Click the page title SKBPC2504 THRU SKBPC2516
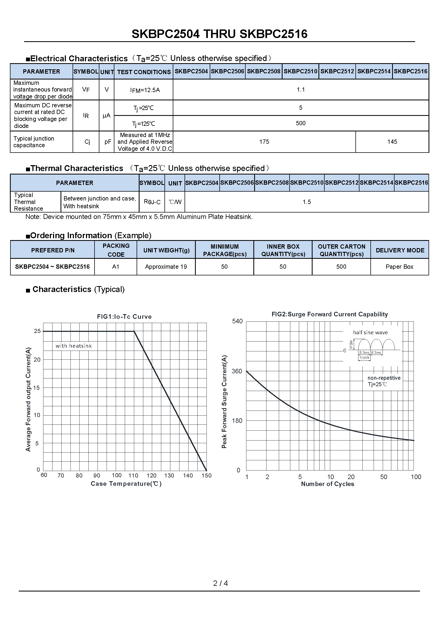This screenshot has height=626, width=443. click(219, 34)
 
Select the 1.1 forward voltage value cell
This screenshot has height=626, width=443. click(301, 89)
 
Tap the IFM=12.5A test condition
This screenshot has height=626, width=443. click(145, 90)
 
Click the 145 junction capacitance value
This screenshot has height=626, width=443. click(392, 142)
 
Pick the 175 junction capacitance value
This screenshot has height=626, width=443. click(264, 142)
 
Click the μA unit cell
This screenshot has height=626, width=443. click(106, 116)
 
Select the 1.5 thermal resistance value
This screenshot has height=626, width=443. click(307, 202)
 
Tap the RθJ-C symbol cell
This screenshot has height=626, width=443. click(152, 202)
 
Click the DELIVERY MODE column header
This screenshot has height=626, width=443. click(400, 250)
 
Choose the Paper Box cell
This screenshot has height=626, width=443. click(399, 267)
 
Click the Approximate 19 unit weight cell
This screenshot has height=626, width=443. click(166, 267)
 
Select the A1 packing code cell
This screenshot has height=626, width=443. click(116, 267)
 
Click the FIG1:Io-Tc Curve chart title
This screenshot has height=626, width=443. click(124, 317)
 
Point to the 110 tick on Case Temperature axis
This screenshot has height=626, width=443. click(133, 476)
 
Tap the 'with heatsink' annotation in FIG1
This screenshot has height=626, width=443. click(74, 346)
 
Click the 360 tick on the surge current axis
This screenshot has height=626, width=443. click(237, 371)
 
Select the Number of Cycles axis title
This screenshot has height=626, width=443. click(327, 484)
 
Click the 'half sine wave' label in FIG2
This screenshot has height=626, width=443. click(370, 333)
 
